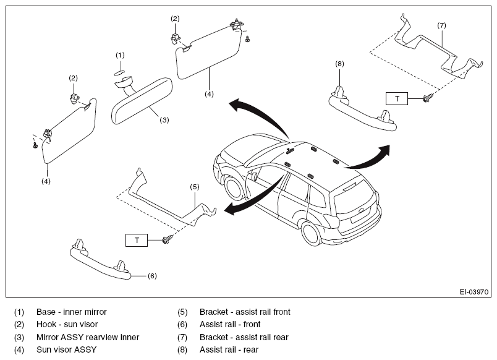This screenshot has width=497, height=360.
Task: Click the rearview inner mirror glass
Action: tap(142, 101)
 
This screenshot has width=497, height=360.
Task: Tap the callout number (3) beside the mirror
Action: tap(164, 120)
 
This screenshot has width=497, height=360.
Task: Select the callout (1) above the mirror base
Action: tap(120, 55)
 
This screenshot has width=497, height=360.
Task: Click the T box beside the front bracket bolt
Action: tap(137, 240)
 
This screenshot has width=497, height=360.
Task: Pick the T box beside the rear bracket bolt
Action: tap(397, 98)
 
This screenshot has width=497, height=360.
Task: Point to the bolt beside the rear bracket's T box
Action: tap(427, 98)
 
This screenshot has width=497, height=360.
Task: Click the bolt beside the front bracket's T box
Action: tap(167, 239)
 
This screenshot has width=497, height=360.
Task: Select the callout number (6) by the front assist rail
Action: tap(152, 276)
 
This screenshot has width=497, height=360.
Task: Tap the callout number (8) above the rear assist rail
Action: tap(339, 64)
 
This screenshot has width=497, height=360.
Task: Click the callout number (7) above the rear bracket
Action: tap(441, 25)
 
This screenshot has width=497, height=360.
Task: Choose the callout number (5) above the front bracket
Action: tap(195, 187)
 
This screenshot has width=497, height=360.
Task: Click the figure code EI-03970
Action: tap(474, 291)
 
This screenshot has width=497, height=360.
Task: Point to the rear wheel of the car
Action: tap(312, 233)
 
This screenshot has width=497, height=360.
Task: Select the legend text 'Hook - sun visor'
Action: tap(67, 324)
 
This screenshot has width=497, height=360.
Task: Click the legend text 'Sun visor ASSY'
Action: tap(67, 349)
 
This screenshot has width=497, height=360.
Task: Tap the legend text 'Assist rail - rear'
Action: tap(229, 349)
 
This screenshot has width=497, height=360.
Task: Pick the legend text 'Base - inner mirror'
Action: tap(72, 312)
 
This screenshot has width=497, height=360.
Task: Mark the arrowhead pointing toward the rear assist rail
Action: tap(384, 151)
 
